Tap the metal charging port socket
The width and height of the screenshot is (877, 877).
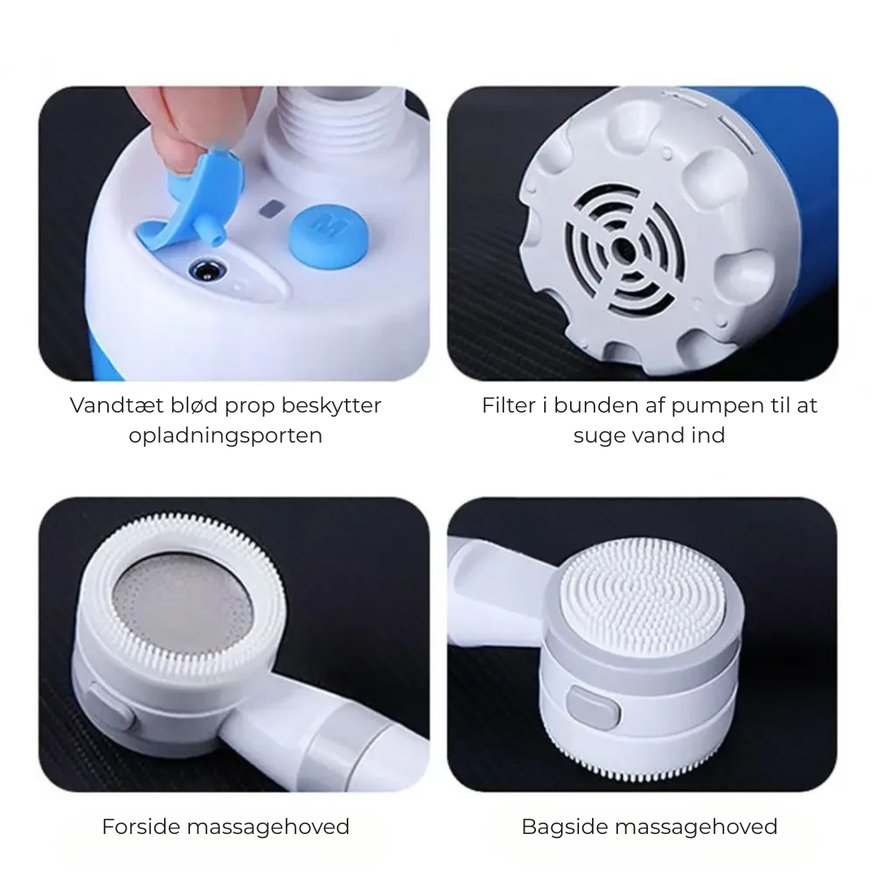[x=205, y=272]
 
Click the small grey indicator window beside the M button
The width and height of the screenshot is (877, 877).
[x=271, y=210]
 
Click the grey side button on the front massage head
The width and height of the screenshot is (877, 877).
[x=110, y=706]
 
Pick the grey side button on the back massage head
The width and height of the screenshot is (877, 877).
[x=593, y=707]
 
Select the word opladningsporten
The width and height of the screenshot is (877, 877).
[x=226, y=435]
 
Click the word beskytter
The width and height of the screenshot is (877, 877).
[x=330, y=406]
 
